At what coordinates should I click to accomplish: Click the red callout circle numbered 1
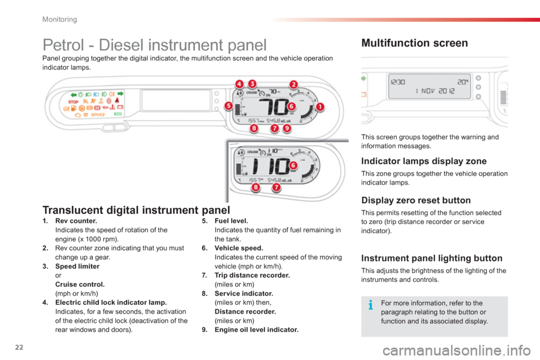pos(319,106)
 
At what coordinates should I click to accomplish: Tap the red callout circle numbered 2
pos(293,84)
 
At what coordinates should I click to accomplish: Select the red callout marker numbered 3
pos(252,84)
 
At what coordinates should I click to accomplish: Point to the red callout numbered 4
pos(240,84)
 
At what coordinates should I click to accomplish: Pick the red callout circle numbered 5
pos(228,106)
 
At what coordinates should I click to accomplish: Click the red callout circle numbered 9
pos(287,128)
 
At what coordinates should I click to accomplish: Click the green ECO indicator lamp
pos(118,114)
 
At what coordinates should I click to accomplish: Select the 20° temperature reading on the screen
pos(462,82)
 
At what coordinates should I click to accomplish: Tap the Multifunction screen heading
pos(415,43)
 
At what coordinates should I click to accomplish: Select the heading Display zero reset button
pos(416,200)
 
